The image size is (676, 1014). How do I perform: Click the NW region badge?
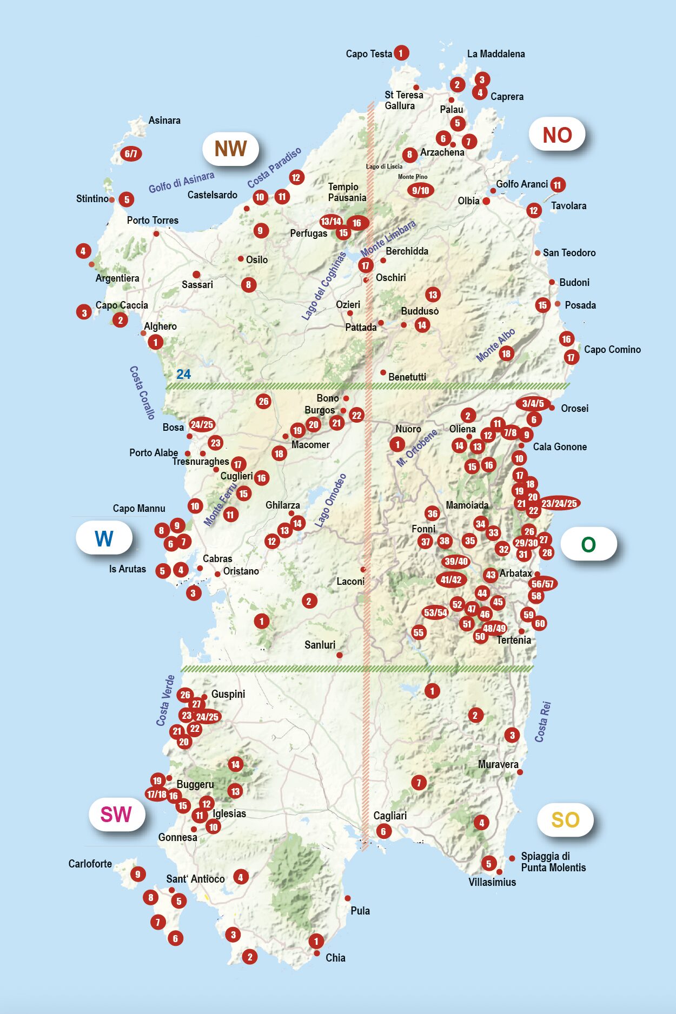click(x=230, y=149)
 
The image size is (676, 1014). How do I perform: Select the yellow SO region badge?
click(x=565, y=820)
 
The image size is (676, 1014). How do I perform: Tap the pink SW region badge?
click(x=116, y=814)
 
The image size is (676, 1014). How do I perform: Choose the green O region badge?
click(x=588, y=544)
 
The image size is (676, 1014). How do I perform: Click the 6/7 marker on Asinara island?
click(x=131, y=154)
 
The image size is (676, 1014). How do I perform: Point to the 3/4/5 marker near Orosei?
click(x=533, y=404)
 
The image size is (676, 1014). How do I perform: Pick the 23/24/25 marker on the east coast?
click(x=559, y=504)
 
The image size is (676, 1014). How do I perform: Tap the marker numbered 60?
click(x=540, y=623)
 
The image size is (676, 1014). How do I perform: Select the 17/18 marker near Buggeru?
click(x=157, y=794)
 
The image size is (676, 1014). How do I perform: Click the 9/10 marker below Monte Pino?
click(x=420, y=190)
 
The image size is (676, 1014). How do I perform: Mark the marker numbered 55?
click(x=418, y=632)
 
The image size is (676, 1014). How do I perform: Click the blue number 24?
click(x=183, y=374)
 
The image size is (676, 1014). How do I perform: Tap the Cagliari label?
click(x=390, y=816)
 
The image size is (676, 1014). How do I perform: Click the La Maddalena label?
click(x=496, y=54)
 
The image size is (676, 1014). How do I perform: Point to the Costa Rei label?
click(x=543, y=722)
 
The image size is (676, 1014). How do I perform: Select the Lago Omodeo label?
click(x=330, y=501)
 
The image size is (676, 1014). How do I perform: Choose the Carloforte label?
click(x=90, y=864)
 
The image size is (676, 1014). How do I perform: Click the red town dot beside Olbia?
click(x=486, y=201)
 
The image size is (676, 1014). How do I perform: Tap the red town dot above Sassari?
click(x=196, y=275)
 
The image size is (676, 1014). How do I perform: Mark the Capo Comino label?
click(x=612, y=350)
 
